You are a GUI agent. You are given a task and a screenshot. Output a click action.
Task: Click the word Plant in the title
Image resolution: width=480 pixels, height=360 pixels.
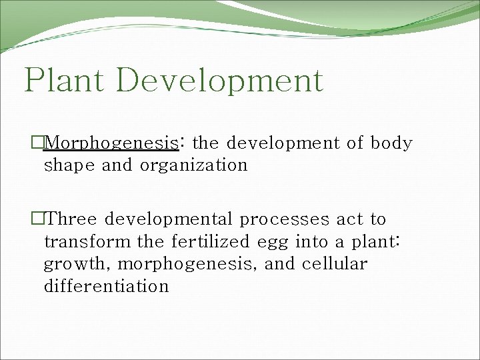[65, 81]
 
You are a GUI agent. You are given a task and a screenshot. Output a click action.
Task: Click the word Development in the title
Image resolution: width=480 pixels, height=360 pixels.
[219, 81]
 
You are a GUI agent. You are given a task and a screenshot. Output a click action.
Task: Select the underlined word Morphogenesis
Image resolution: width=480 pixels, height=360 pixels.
[113, 143]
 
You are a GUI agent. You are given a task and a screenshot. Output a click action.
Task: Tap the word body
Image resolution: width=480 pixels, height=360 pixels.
[391, 143]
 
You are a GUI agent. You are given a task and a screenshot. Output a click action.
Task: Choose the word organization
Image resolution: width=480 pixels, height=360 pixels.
[193, 165]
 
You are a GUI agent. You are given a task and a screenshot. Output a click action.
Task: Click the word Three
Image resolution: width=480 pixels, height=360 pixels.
[74, 219]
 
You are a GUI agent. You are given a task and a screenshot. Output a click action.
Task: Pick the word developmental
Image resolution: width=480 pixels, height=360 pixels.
[170, 219]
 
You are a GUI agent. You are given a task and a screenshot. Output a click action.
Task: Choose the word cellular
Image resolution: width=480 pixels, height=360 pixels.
[334, 264]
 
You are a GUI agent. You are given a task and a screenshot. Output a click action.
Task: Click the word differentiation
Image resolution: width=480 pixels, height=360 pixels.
[106, 287]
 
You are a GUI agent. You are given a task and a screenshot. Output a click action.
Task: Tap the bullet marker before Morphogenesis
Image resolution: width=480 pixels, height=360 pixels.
[37, 143]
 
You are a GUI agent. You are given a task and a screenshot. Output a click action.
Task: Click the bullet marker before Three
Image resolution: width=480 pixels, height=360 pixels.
[37, 219]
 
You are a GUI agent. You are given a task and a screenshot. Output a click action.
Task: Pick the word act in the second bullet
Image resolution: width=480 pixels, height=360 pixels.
[349, 219]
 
